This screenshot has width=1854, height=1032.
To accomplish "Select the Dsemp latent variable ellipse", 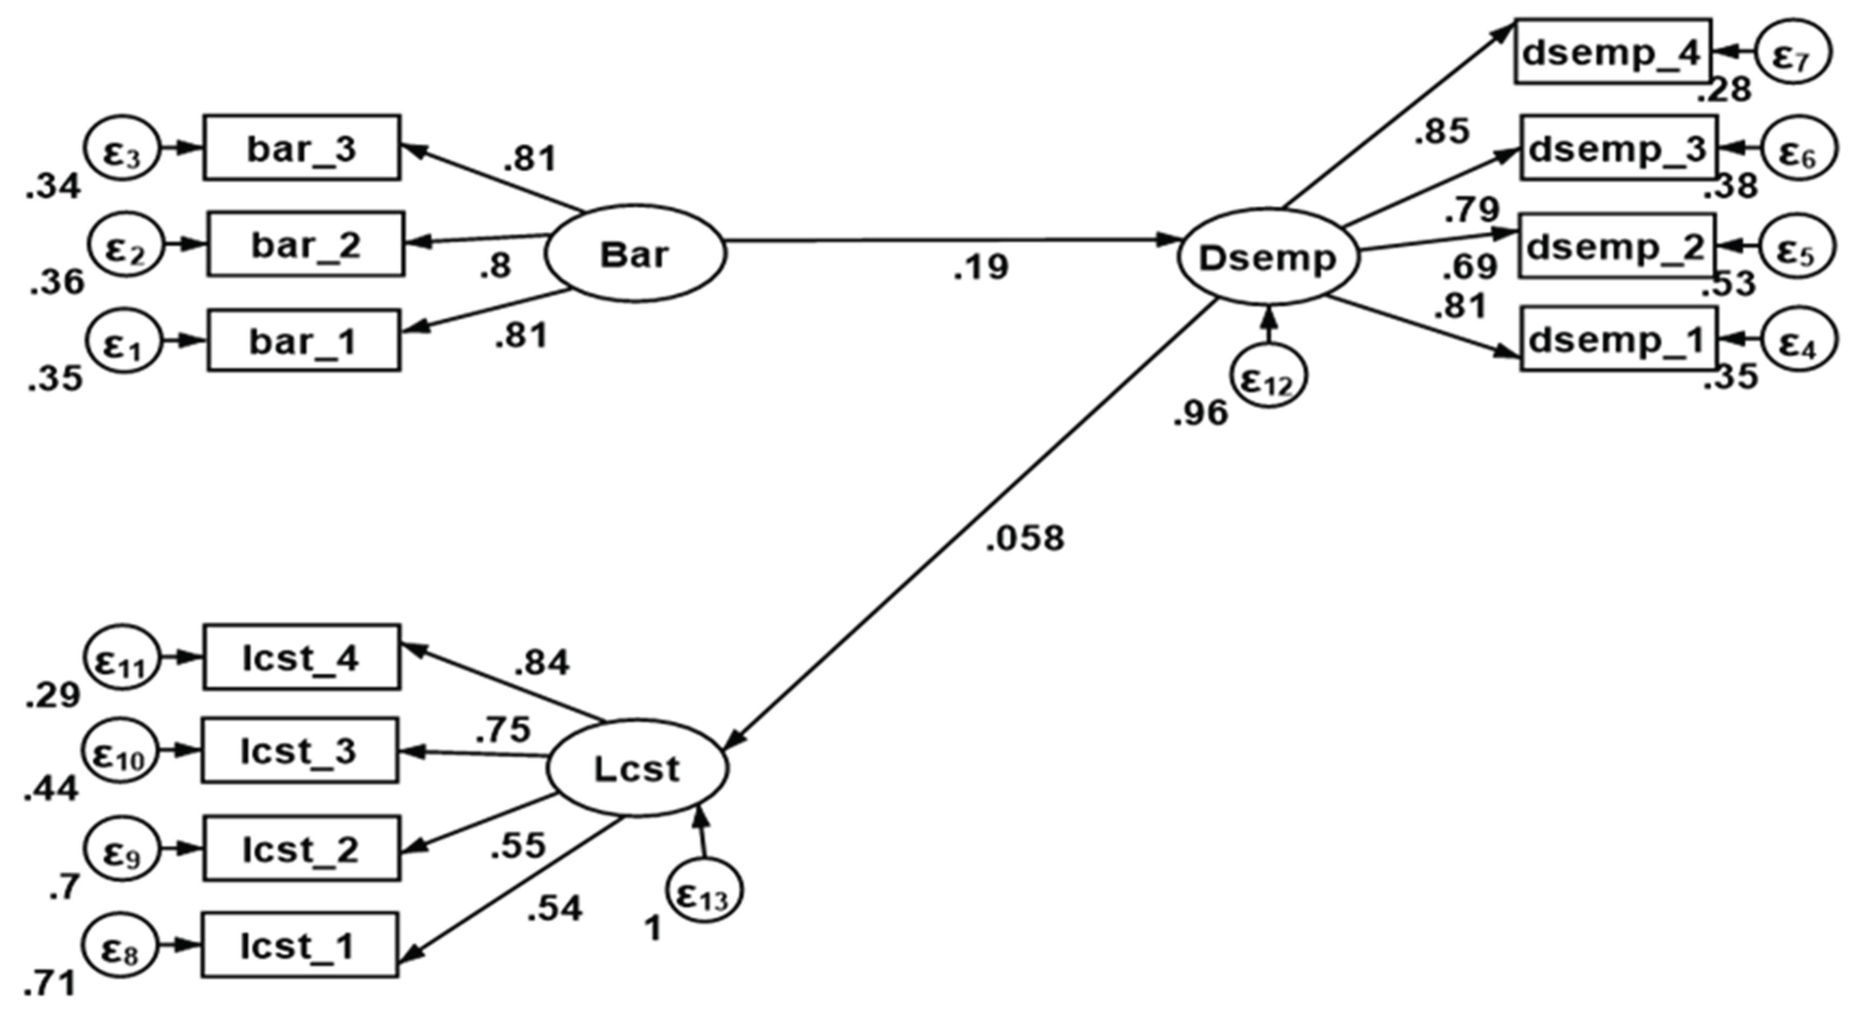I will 1268,257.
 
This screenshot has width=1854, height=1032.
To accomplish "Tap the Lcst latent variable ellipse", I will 637,769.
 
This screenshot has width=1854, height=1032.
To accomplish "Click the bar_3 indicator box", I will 302,148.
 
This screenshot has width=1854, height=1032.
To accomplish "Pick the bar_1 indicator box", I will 304,340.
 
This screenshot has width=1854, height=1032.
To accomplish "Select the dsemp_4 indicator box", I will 1612,52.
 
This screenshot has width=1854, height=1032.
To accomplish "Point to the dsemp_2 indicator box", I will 1617,246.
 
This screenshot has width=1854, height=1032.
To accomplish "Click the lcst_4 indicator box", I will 302,658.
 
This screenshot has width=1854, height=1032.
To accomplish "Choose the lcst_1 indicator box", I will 299,945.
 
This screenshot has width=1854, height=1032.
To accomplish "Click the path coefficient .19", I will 981,268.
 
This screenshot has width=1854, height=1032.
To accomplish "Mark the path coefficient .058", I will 1024,538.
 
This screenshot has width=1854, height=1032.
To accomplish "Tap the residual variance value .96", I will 1200,413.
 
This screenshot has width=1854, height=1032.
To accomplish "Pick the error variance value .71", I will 51,984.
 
